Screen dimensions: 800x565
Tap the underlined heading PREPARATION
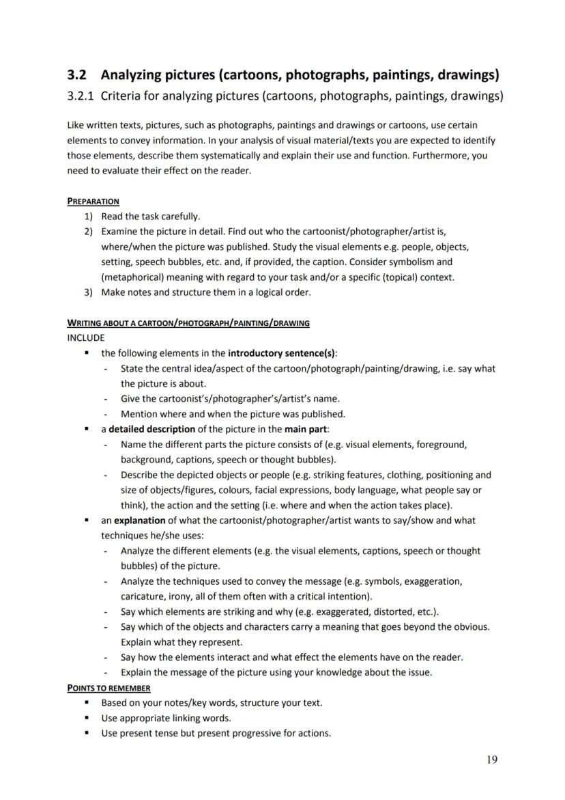(x=93, y=202)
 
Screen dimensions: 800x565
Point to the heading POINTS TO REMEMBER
(x=108, y=688)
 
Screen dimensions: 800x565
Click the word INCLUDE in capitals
(x=86, y=337)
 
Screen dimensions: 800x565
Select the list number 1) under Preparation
(x=89, y=217)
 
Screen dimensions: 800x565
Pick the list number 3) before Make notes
(x=89, y=292)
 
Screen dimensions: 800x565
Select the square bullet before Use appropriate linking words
(x=87, y=718)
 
